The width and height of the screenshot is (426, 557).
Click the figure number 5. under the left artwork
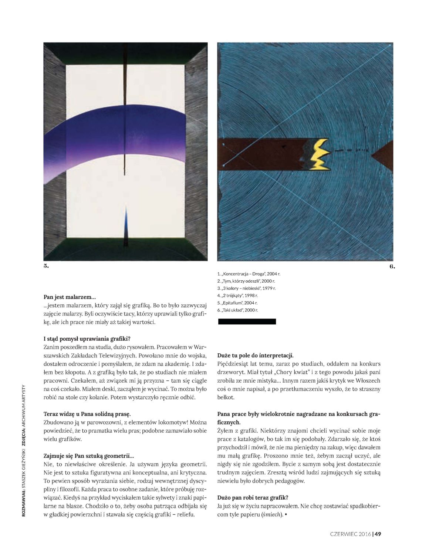[46, 266]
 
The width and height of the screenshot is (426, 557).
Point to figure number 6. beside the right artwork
[392, 266]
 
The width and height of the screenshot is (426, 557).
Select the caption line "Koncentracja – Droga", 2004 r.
[248, 274]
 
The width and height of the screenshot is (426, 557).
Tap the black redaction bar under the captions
[247, 321]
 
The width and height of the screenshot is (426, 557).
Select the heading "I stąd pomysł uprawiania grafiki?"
[87, 338]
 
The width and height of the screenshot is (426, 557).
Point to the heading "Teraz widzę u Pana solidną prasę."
[87, 414]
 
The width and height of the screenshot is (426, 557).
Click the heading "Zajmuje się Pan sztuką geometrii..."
[89, 456]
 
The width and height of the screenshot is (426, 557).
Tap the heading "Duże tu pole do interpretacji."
[256, 356]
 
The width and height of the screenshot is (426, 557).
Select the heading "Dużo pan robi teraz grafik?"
[253, 497]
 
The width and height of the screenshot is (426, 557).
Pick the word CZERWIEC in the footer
[344, 534]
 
